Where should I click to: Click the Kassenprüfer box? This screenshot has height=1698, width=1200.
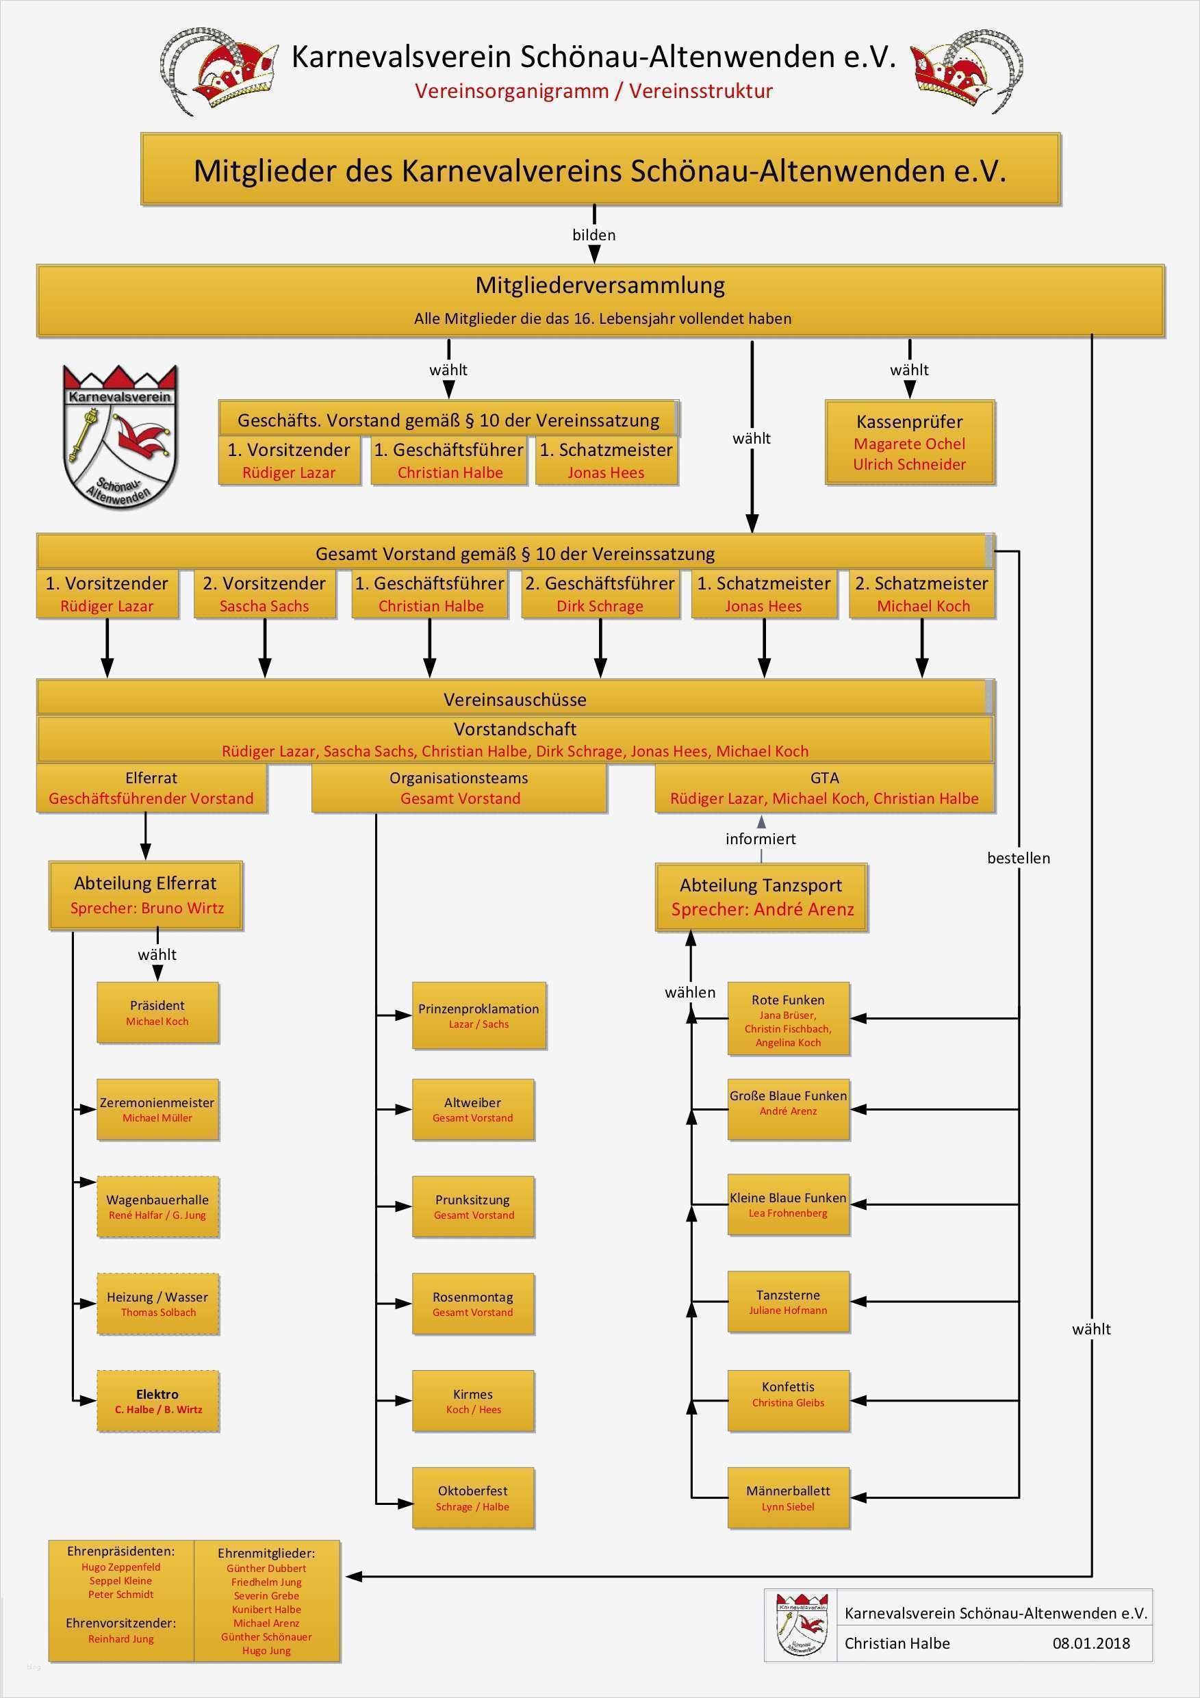910,442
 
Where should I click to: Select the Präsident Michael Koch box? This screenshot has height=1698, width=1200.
157,1013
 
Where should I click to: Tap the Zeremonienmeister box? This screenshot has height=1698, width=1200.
157,1109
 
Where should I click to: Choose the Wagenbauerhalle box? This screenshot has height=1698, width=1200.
157,1206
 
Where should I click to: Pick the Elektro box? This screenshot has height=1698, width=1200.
157,1401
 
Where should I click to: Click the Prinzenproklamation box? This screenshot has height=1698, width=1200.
478,1015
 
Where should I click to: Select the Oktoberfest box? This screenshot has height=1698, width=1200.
473,1497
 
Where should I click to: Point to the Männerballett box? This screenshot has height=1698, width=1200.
788,1497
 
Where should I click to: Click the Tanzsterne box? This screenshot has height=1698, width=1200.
788,1302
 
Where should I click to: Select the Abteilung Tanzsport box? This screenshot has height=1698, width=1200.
762,896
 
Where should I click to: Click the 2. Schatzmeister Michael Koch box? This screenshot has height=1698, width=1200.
922,594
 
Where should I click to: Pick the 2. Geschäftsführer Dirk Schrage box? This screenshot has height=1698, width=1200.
600,594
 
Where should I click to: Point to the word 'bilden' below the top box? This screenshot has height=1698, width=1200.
593,235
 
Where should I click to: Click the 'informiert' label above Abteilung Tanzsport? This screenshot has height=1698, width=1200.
761,839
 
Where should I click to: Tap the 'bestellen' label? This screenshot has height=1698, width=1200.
1018,858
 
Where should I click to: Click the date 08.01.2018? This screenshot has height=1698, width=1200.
1091,1643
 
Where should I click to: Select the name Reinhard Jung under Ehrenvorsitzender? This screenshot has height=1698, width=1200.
121,1639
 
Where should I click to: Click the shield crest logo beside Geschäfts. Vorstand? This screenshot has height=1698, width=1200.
120,436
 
